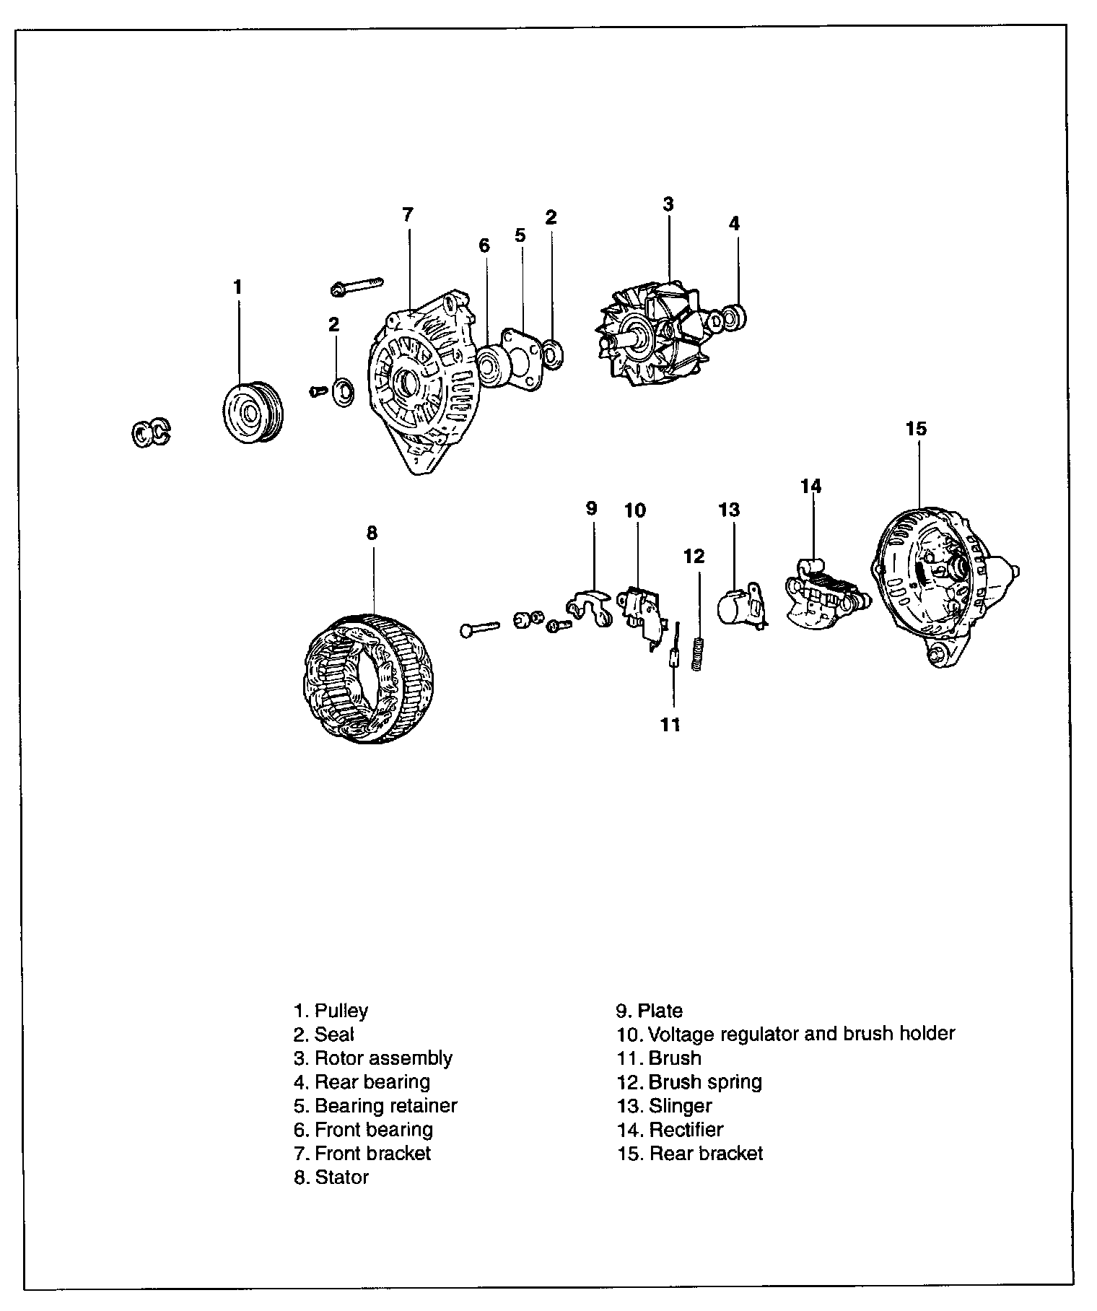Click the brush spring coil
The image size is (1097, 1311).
696,654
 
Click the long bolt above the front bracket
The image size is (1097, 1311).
357,286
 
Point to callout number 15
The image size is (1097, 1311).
915,429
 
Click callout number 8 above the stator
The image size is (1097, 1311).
372,533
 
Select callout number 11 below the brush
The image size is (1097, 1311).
671,725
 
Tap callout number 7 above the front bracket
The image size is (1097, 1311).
408,214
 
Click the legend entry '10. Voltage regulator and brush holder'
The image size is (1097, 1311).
785,1034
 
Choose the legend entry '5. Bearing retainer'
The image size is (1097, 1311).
375,1105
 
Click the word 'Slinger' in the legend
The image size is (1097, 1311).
680,1105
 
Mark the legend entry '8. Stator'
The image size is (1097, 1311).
331,1177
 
